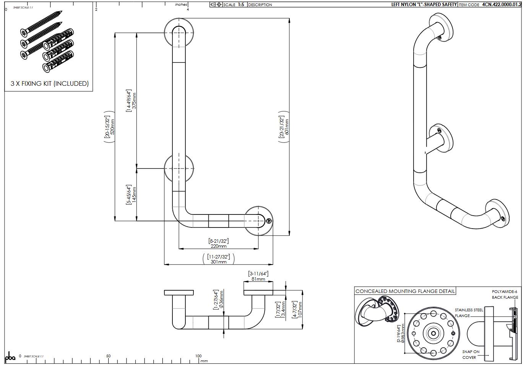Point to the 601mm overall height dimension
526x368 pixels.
(287, 126)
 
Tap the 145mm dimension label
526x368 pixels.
(134, 195)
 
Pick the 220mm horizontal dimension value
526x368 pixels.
(219, 246)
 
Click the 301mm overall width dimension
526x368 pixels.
(219, 262)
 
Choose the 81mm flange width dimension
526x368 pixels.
(258, 279)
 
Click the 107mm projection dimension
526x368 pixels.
(300, 308)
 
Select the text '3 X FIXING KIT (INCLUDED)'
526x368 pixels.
(49, 83)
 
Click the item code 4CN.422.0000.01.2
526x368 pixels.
(502, 5)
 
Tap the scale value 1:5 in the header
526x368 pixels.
(241, 5)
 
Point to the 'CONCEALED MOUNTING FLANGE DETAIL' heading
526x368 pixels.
(405, 291)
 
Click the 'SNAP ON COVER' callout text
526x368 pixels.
(471, 355)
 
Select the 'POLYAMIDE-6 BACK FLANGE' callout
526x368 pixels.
(505, 294)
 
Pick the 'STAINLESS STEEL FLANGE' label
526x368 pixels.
(468, 313)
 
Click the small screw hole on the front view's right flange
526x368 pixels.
(269, 221)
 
